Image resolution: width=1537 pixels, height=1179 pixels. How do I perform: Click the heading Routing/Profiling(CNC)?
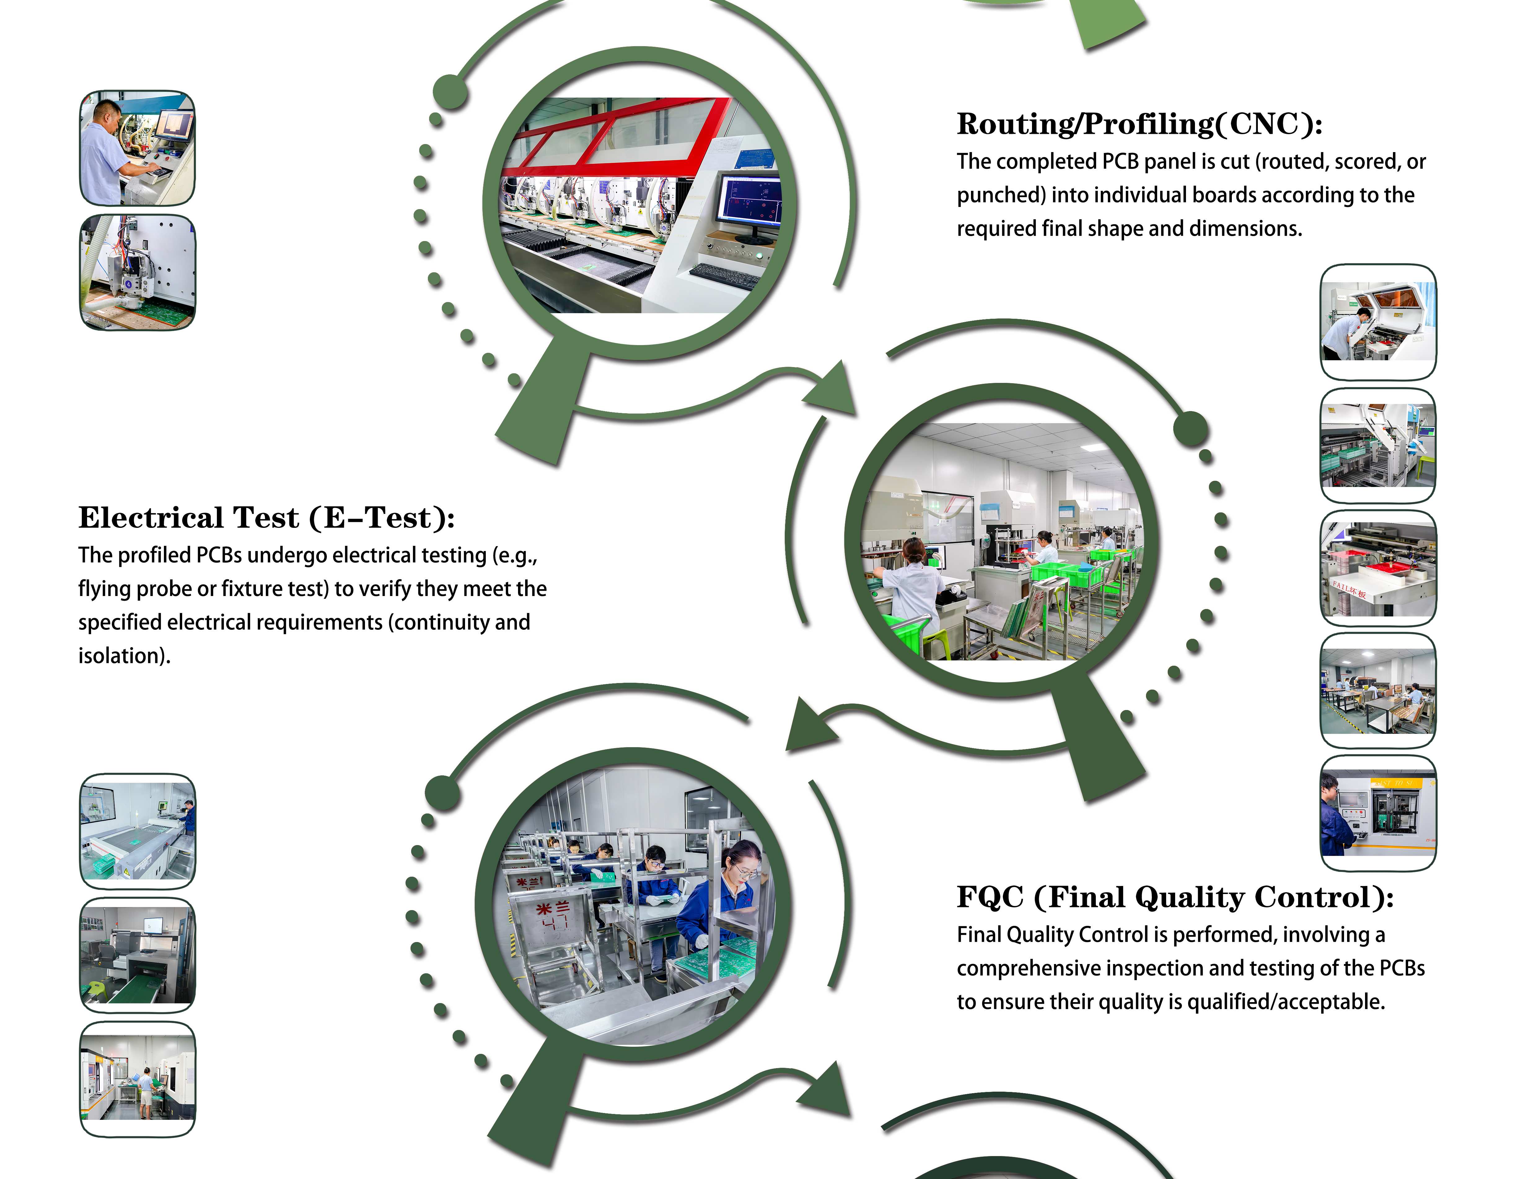coord(1139,124)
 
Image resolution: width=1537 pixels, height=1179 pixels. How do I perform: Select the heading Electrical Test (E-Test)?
coord(267,518)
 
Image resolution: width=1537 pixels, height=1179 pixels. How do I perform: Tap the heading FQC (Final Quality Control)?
coord(1175,897)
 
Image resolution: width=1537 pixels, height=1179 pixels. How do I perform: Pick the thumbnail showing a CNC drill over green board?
coord(138,272)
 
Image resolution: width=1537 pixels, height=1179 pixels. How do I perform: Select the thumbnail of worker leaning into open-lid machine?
coord(1378,322)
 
